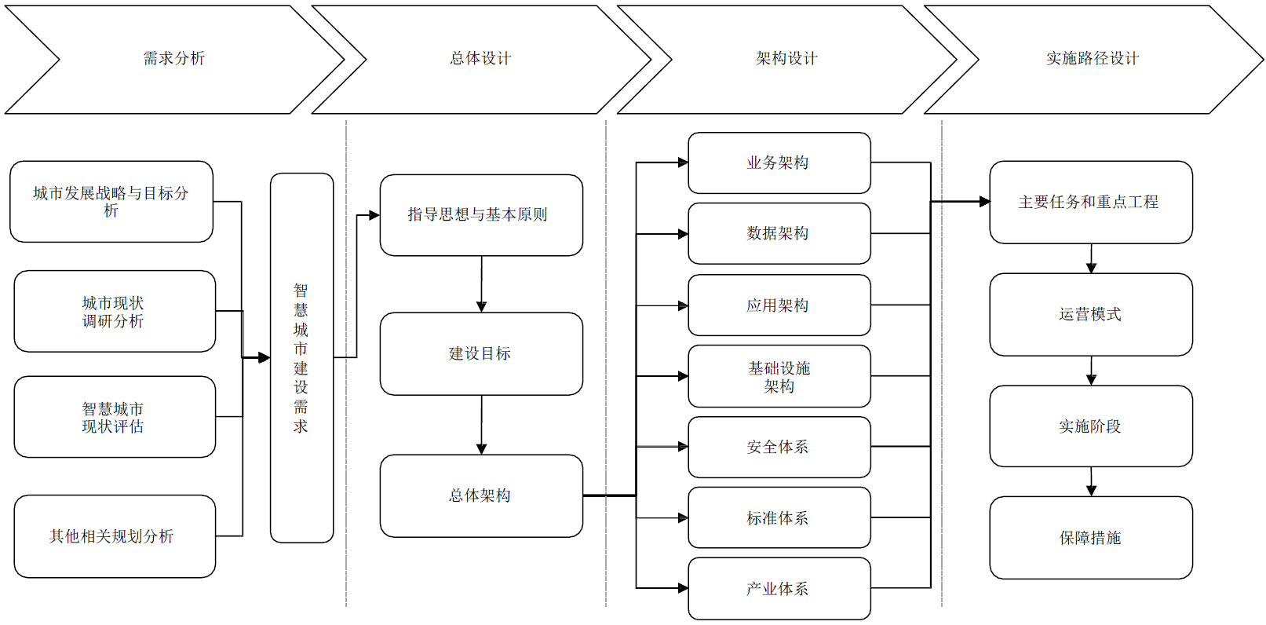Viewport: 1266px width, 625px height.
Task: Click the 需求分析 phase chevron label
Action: [x=173, y=58]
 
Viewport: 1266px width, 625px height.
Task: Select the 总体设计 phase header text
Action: [x=480, y=58]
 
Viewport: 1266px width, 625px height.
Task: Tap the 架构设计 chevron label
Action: [x=786, y=58]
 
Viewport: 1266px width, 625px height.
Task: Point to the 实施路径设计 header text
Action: [x=1092, y=58]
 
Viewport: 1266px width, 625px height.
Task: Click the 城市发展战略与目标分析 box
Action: [x=111, y=202]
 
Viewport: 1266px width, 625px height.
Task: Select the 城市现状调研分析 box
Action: [x=115, y=312]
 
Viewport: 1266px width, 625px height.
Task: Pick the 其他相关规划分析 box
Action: [x=115, y=536]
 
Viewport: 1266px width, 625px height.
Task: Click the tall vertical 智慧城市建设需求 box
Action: [x=301, y=358]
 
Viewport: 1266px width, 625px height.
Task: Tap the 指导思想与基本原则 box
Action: [x=481, y=215]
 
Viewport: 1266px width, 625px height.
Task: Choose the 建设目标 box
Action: [x=481, y=354]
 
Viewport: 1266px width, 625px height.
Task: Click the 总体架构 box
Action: [x=481, y=495]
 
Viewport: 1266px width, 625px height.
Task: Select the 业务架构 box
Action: [x=779, y=163]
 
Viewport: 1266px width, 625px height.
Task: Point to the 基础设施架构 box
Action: [x=779, y=377]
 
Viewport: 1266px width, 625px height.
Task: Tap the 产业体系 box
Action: [x=779, y=589]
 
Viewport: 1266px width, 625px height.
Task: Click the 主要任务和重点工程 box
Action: [x=1090, y=203]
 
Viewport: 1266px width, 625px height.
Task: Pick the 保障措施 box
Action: [x=1090, y=538]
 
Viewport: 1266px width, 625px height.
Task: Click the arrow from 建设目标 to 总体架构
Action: [x=481, y=425]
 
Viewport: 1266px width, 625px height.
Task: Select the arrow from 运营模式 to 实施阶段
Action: [x=1091, y=371]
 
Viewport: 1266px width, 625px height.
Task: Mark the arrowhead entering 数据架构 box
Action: [x=683, y=234]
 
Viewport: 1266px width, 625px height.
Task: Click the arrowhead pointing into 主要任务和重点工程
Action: [x=984, y=202]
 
